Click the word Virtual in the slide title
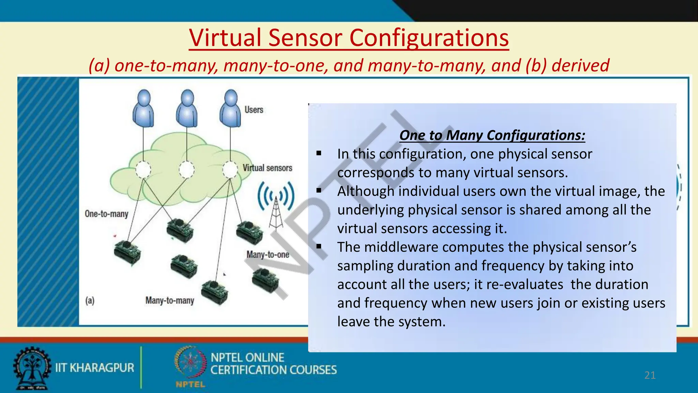point(226,38)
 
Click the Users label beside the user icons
point(254,110)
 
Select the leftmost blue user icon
point(143,108)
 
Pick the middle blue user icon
point(187,108)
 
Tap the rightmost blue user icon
point(230,108)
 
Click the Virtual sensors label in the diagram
point(268,168)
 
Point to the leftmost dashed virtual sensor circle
point(143,169)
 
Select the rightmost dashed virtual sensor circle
point(230,169)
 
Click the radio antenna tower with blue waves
point(276,205)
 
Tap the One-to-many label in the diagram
point(107,214)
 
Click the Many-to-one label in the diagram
point(268,254)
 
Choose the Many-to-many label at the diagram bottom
point(170,301)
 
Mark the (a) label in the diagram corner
point(90,301)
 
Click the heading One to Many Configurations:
point(492,135)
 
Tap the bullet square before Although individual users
point(319,190)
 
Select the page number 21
point(650,375)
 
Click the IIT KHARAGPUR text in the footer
point(95,368)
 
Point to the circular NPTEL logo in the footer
point(190,362)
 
